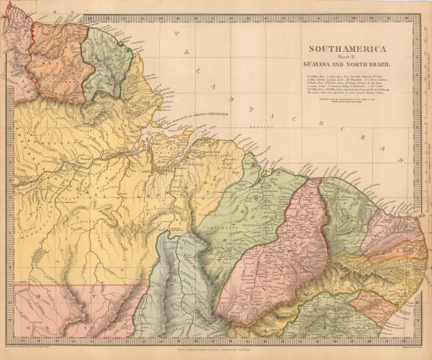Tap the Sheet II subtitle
[346, 58]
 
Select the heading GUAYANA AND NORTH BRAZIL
[346, 66]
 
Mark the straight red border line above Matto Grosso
[79, 284]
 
